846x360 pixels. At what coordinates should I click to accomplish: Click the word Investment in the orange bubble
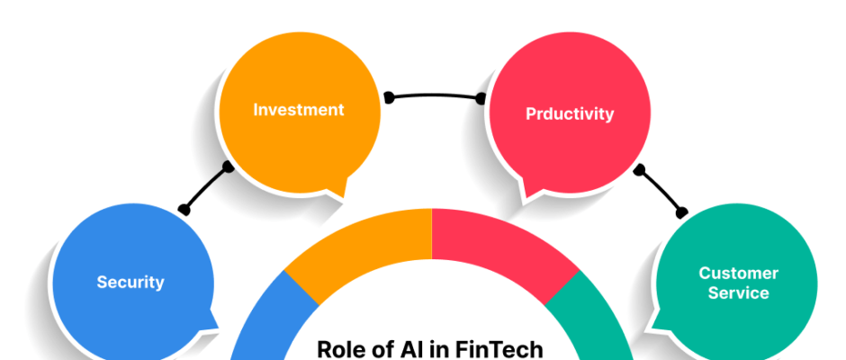(299, 110)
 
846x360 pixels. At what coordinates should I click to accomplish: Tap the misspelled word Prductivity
(570, 114)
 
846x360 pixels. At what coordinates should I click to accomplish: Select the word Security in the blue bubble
(130, 282)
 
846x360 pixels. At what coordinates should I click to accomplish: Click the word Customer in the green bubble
(738, 273)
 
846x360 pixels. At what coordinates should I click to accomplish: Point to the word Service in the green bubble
(738, 293)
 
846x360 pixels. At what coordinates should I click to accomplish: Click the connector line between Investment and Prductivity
(435, 95)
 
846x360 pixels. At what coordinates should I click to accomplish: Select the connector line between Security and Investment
(205, 188)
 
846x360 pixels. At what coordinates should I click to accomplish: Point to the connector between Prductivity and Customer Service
(661, 191)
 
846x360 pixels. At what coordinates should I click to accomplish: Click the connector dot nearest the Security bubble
(184, 210)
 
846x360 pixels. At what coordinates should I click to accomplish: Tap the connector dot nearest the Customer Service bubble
(682, 212)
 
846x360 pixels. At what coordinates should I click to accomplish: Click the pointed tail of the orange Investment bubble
(341, 194)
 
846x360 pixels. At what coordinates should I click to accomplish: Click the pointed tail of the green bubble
(655, 327)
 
